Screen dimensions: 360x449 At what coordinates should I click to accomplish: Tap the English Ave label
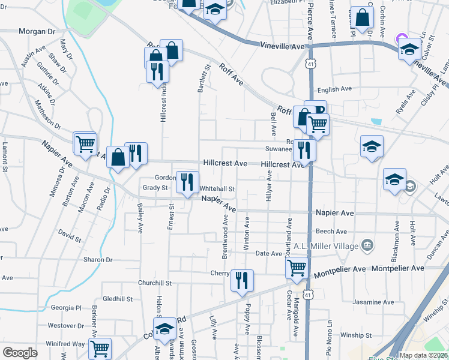coord(334,89)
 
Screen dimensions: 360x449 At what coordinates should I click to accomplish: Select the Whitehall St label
coord(217,188)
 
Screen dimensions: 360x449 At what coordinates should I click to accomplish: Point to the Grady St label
coord(155,188)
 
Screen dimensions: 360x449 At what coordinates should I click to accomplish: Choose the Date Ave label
coord(269,254)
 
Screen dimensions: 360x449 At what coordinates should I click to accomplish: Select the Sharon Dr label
coord(98,260)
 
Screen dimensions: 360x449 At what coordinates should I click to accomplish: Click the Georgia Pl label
coord(66,308)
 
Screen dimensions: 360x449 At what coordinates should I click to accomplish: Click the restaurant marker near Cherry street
coord(242,280)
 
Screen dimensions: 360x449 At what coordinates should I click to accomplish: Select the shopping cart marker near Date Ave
coord(297,268)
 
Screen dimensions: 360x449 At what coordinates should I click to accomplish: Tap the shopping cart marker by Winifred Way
coord(100,349)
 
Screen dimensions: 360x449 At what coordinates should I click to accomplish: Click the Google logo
coord(20,353)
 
